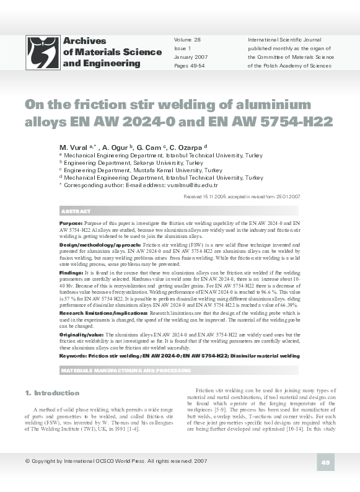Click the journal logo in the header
click(x=43, y=52)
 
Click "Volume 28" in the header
click(x=188, y=39)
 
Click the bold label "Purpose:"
click(x=71, y=222)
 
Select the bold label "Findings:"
click(x=71, y=272)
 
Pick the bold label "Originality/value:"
click(x=82, y=334)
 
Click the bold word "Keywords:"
click(x=72, y=356)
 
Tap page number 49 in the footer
click(x=325, y=462)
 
